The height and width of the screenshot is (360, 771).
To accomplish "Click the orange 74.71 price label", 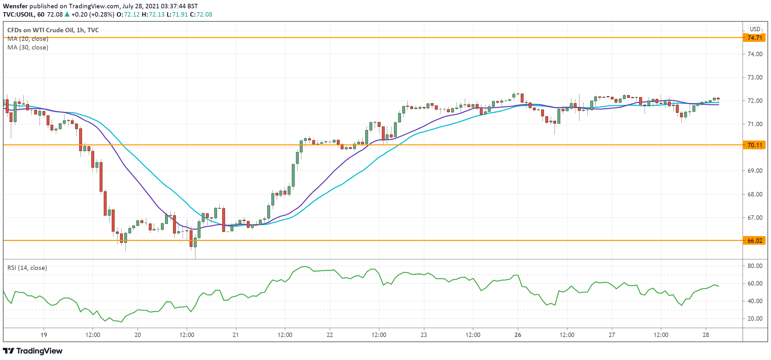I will click(755, 38).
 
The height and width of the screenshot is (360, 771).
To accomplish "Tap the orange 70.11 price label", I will click(755, 145).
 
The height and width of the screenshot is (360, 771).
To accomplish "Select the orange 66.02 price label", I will click(755, 241).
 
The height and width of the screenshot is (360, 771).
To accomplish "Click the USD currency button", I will click(755, 29).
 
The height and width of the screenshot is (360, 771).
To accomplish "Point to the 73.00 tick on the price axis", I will click(755, 77).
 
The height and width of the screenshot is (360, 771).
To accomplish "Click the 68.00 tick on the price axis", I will click(755, 194).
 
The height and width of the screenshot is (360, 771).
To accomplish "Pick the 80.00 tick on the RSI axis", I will click(755, 266).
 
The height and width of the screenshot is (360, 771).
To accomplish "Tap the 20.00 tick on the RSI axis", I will click(755, 318).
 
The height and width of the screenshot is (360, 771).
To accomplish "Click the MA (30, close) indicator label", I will click(28, 47).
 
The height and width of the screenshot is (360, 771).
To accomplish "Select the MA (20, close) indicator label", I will click(28, 39).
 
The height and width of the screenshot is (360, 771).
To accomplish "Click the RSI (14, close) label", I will click(27, 268).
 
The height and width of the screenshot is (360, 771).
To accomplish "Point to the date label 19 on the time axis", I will click(44, 335).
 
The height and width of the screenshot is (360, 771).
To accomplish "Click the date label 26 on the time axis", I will click(518, 335).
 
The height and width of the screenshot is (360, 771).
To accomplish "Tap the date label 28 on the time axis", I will click(706, 335).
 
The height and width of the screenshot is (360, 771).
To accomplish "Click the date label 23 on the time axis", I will click(424, 335).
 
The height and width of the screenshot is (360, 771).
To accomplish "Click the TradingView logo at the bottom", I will click(33, 351).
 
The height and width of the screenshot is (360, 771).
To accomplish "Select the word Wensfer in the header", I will click(15, 6).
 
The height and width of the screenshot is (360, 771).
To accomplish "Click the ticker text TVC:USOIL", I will click(19, 14).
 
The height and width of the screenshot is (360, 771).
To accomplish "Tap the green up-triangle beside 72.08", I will click(67, 14).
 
